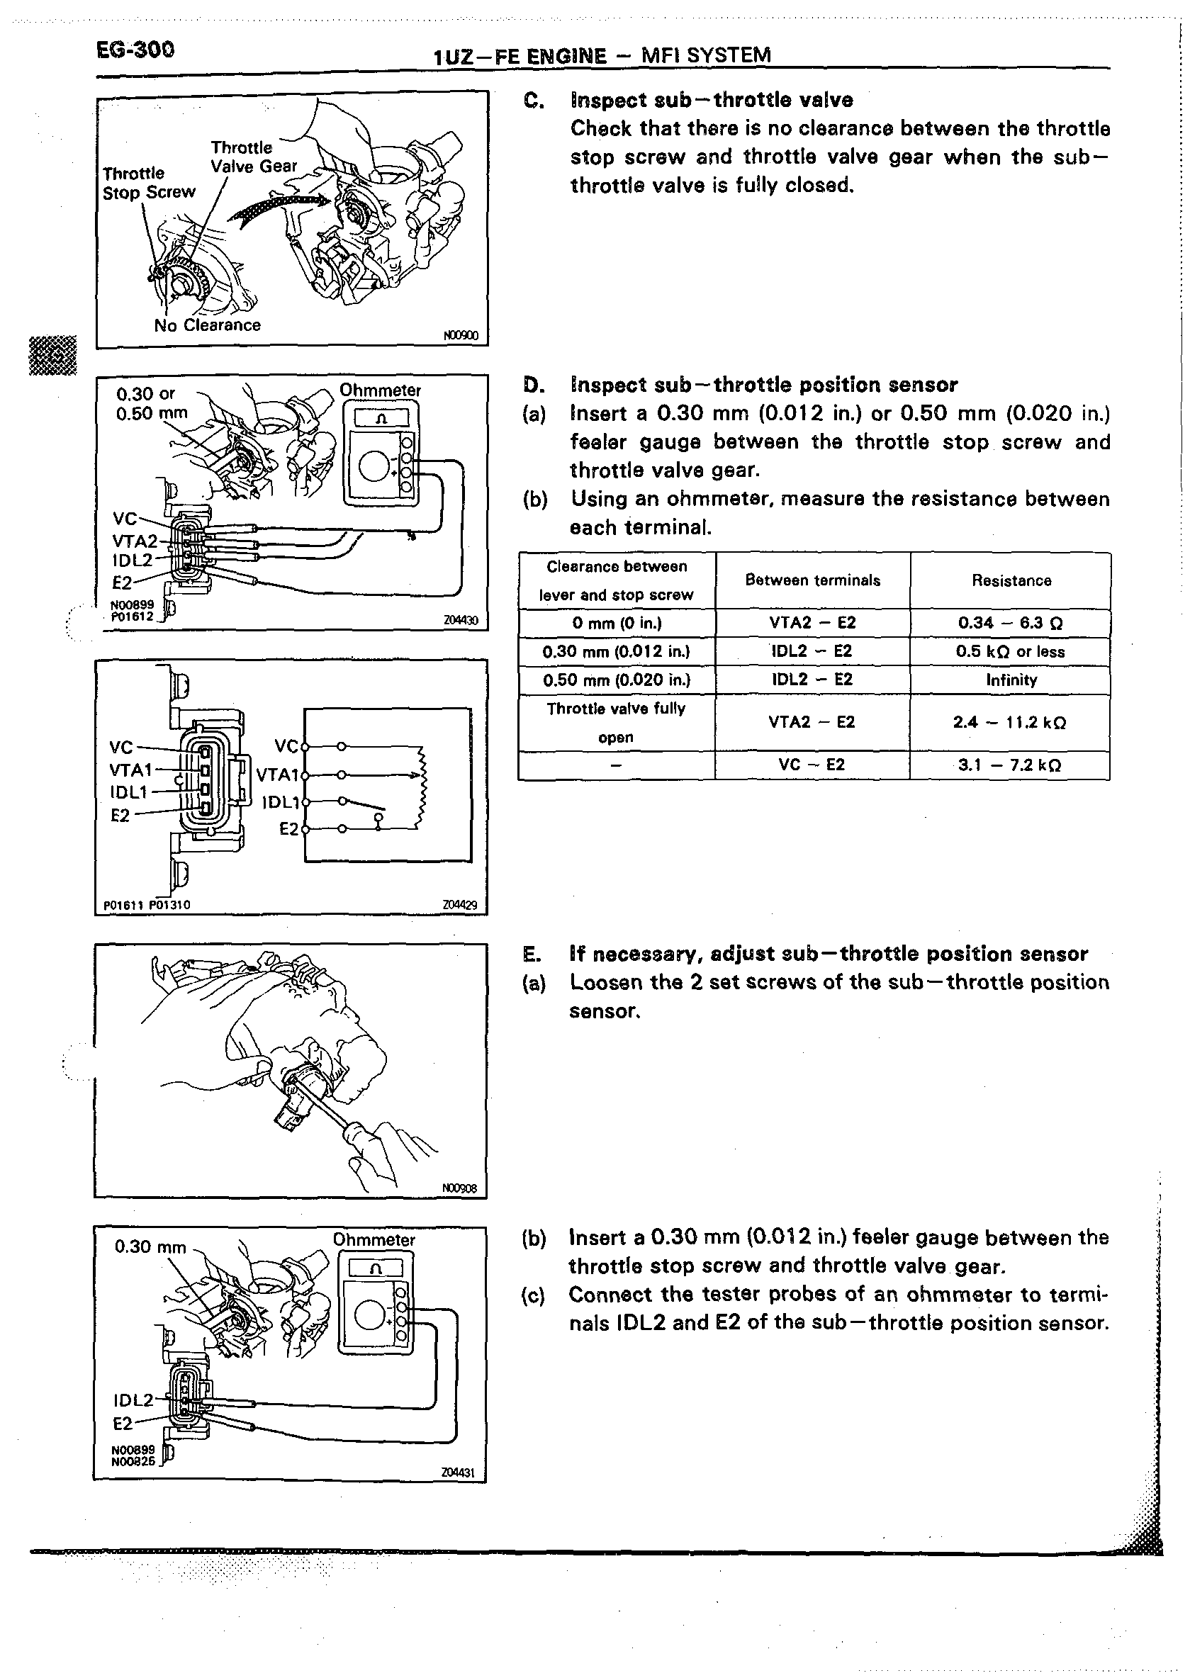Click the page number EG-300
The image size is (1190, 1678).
pyautogui.click(x=135, y=50)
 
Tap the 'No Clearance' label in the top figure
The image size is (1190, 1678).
pyautogui.click(x=208, y=325)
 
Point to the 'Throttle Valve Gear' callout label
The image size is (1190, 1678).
pyautogui.click(x=253, y=157)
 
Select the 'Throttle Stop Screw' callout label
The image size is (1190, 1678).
pyautogui.click(x=149, y=183)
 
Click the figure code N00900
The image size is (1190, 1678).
pyautogui.click(x=461, y=336)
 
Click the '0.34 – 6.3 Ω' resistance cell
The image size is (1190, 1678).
pyautogui.click(x=1011, y=624)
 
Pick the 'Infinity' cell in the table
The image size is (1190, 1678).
pyautogui.click(x=1011, y=680)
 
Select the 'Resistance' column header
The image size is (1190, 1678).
pyautogui.click(x=1011, y=581)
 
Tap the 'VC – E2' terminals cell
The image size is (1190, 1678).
pyautogui.click(x=812, y=765)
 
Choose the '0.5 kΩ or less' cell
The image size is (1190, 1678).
pyautogui.click(x=1011, y=652)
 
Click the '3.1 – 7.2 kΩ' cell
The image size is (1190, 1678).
pyautogui.click(x=1011, y=765)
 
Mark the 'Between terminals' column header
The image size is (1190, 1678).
pyautogui.click(x=813, y=581)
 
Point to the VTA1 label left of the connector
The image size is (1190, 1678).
pyautogui.click(x=130, y=770)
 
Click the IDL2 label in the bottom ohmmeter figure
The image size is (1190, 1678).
pyautogui.click(x=133, y=1400)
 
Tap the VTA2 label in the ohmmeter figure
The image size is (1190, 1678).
pyautogui.click(x=135, y=541)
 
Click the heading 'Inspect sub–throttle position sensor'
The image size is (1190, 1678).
pyautogui.click(x=763, y=385)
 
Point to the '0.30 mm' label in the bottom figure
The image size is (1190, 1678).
pyautogui.click(x=150, y=1246)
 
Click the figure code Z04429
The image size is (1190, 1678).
pyautogui.click(x=459, y=906)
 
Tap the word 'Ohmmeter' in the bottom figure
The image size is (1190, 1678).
pyautogui.click(x=374, y=1240)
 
